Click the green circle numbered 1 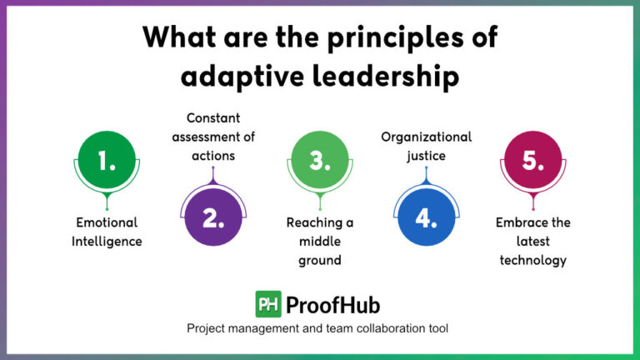point(107,161)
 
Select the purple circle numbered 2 point(213,217)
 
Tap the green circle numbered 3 point(320,161)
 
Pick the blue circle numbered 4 point(426,217)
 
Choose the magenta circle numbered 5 point(532,161)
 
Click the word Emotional point(106,223)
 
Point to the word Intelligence point(106,242)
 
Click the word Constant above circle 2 point(212,118)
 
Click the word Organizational point(427,137)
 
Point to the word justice point(427,155)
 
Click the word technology point(533,260)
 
